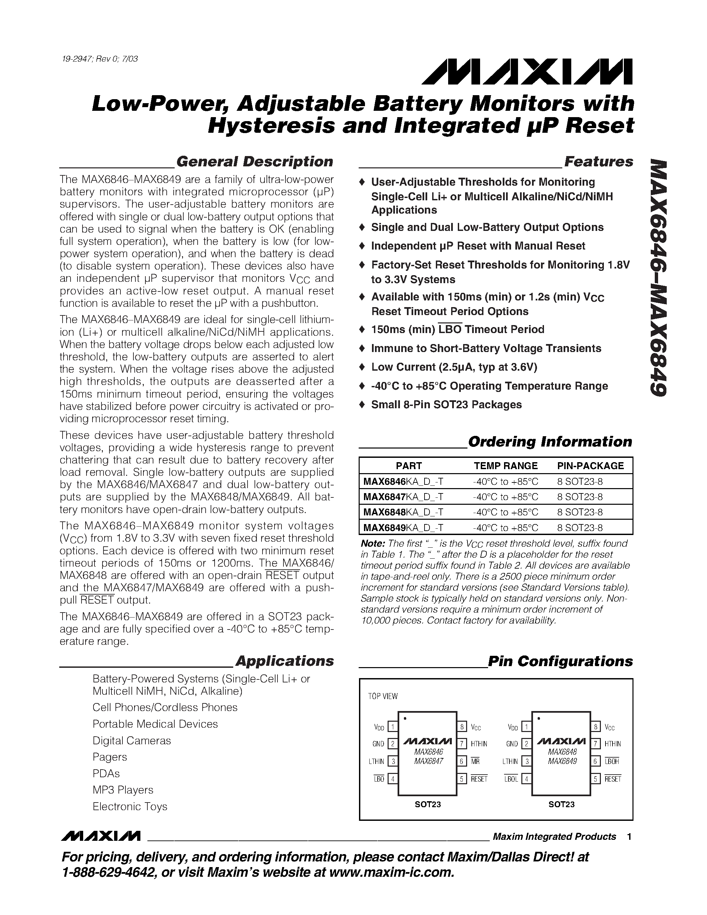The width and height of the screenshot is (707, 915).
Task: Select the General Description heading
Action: click(x=254, y=161)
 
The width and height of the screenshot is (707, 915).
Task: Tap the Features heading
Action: click(x=599, y=161)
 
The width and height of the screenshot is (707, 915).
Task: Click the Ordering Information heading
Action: click(x=550, y=442)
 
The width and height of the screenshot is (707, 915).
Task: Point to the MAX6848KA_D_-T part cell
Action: click(x=403, y=512)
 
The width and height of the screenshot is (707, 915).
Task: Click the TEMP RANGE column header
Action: click(x=505, y=466)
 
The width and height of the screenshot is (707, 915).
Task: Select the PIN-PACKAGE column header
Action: click(x=590, y=466)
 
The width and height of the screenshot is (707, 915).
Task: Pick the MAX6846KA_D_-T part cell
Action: click(x=403, y=482)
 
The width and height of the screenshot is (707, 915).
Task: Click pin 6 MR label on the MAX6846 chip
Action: click(x=475, y=761)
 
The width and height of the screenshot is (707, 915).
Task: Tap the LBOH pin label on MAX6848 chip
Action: click(x=612, y=761)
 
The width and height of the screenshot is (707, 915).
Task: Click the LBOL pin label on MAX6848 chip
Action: click(x=511, y=779)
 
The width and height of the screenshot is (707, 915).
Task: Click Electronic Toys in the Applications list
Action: click(x=130, y=807)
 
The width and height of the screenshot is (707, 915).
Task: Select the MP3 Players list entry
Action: click(x=123, y=790)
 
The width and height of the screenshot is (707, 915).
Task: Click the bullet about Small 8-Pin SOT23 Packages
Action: click(x=446, y=405)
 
